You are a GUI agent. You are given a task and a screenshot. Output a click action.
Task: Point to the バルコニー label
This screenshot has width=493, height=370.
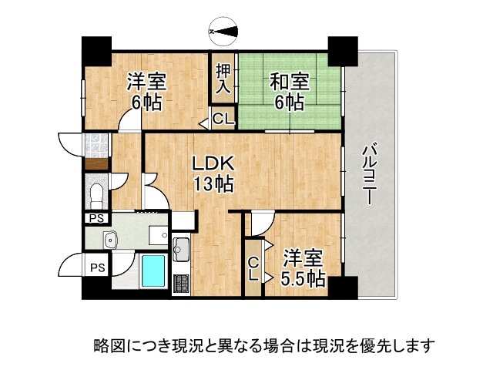369,174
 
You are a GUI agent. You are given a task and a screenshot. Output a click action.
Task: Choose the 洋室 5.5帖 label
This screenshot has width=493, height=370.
302,267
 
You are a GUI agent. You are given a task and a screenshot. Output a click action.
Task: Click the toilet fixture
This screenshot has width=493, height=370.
98,191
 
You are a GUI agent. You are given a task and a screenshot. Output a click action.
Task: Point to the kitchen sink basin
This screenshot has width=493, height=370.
183,249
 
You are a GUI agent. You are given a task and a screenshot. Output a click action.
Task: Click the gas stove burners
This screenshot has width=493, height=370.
183,283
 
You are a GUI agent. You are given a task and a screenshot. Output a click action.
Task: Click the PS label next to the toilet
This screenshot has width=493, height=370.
96,218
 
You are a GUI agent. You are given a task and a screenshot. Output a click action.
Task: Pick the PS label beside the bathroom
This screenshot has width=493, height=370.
97,267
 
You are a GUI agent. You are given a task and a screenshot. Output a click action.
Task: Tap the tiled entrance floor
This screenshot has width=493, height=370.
97,143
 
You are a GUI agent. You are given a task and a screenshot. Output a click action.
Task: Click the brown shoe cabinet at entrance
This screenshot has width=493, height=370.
97,163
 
